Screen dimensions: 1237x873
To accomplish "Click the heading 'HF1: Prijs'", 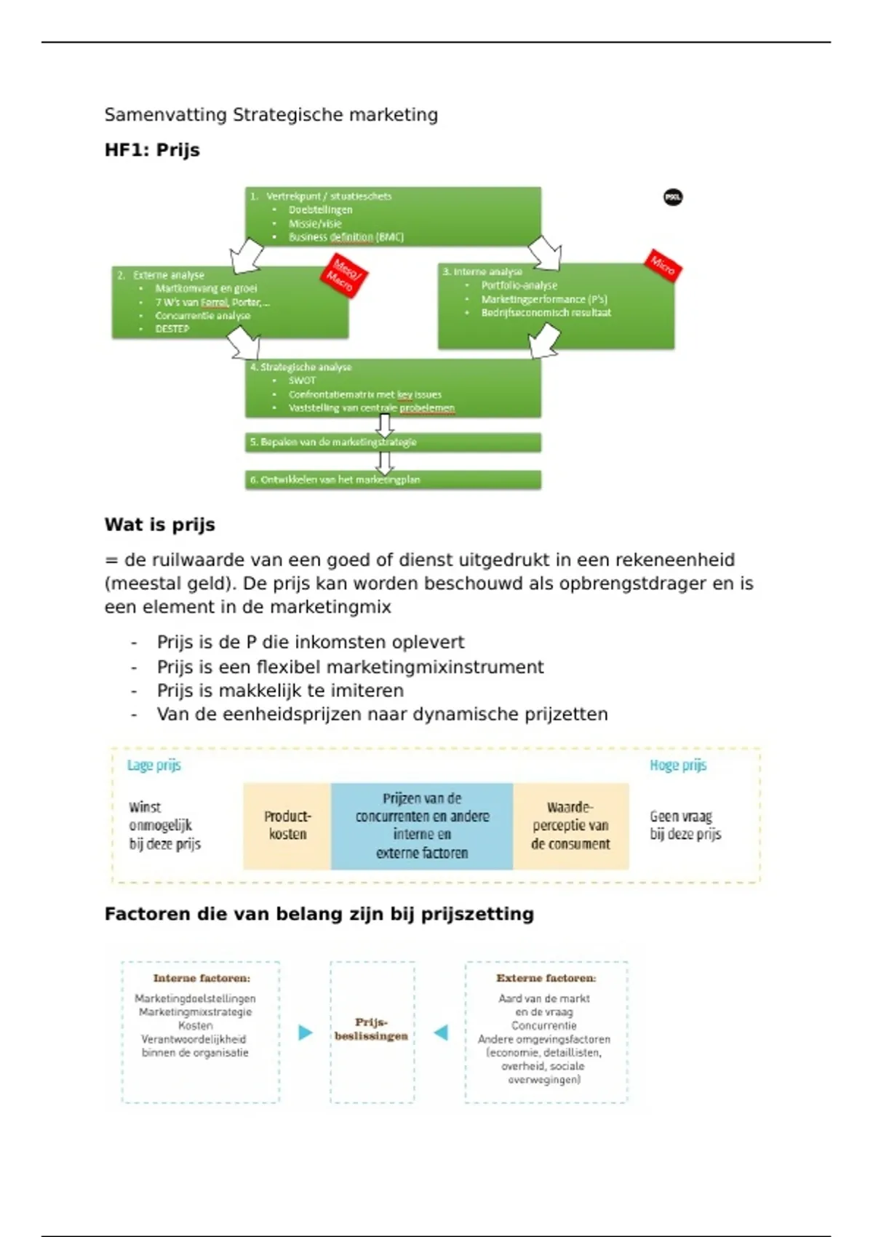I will tap(152, 150).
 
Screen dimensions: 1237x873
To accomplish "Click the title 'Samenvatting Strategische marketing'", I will tap(271, 115).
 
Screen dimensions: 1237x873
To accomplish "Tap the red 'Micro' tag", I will tap(662, 265).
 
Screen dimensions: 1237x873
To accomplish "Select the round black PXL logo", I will tap(673, 197).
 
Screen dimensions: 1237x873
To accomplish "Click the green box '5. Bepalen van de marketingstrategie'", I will tap(393, 442).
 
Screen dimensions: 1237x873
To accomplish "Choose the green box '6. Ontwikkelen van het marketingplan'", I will tap(393, 480).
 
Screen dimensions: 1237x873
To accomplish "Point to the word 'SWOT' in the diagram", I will tap(302, 381).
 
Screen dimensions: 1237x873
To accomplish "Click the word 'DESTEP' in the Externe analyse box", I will tap(172, 329).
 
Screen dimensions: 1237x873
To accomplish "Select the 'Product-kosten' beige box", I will tap(287, 826).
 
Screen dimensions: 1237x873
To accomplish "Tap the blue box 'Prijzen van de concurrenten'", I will tap(422, 826).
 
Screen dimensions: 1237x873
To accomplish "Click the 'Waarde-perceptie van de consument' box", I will tap(570, 826).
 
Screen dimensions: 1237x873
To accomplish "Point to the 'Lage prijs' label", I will tap(154, 765).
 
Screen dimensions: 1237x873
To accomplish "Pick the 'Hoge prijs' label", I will tap(678, 765).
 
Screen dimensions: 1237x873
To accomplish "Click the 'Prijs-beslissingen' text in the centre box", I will tap(372, 1029).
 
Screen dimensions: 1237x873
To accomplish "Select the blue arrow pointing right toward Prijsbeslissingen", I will tap(306, 1033).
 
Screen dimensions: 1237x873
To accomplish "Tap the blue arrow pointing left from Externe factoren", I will tap(441, 1033).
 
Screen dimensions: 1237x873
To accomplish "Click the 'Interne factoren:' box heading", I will tap(202, 979).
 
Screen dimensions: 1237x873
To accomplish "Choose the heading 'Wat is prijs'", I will tap(160, 525).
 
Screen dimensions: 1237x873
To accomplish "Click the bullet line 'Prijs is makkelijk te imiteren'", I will tap(280, 691).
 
